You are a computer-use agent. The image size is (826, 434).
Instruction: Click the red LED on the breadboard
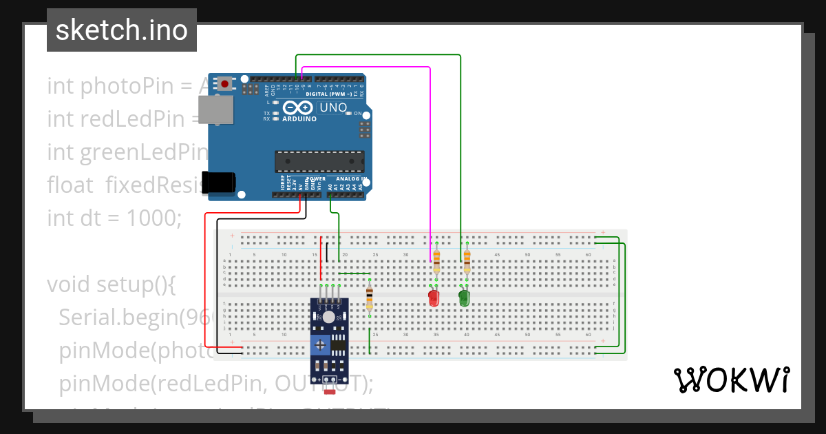coord(434,298)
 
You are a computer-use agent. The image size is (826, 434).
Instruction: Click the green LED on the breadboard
coord(465,298)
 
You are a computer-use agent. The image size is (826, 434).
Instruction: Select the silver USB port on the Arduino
coord(215,110)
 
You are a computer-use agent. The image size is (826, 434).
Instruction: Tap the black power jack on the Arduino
coord(220,182)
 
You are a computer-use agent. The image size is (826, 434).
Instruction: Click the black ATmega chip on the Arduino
coord(319,161)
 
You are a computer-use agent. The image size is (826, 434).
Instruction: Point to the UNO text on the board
coord(333,107)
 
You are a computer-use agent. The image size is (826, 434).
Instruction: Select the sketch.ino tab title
coord(122,30)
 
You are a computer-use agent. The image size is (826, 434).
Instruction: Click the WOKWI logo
coord(731,380)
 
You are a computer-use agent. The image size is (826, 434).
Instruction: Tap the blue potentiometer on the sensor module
coord(320,344)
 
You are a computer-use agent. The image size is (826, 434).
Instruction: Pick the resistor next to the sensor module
coord(370,298)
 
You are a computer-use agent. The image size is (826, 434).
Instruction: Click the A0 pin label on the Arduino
coord(330,185)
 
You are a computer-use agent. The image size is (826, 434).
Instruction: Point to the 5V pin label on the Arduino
coord(300,184)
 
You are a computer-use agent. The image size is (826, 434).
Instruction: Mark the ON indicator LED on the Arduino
coord(350,113)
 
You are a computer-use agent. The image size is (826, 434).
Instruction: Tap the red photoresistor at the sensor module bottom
coord(330,392)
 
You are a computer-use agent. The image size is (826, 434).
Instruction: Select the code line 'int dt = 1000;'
coord(114,218)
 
